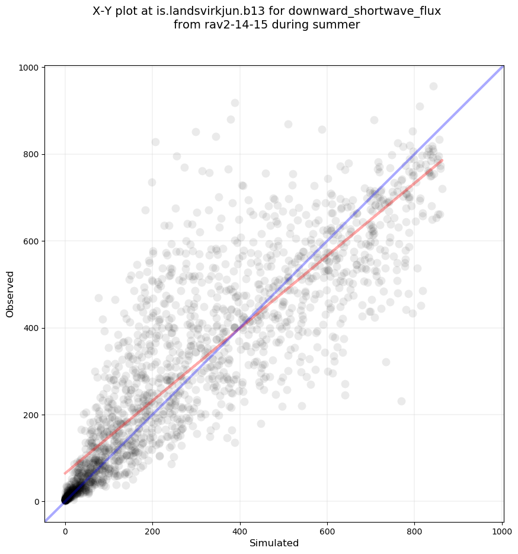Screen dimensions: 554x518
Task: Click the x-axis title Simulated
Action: tap(274, 543)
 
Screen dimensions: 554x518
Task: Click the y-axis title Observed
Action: tap(10, 294)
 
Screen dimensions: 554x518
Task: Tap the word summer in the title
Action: tap(340, 25)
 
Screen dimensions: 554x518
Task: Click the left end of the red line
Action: tap(65, 473)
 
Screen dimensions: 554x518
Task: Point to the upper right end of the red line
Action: tap(442, 160)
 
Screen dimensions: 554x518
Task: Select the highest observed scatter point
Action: tap(433, 86)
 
